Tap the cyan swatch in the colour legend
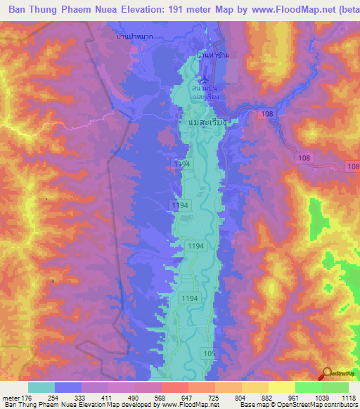click(x=41, y=387)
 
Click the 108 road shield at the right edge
click(x=352, y=166)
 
